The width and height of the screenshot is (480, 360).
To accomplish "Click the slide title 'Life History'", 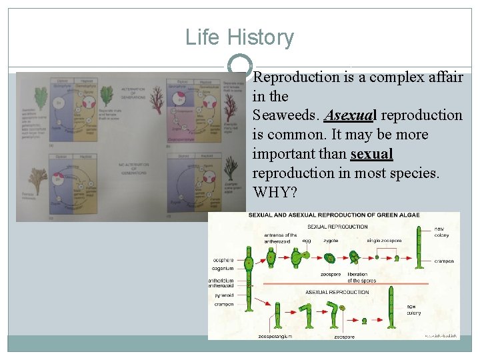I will tap(239, 37).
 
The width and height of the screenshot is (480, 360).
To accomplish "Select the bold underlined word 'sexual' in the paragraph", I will tap(371, 154).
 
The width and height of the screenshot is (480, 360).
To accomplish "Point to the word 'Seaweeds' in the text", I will tap(284, 115).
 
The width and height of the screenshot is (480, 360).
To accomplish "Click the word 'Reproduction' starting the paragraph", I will tap(297, 77).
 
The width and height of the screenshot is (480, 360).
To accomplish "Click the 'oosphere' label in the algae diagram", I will tap(223, 260).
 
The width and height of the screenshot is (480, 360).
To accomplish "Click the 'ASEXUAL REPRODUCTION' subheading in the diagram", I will tap(337, 292).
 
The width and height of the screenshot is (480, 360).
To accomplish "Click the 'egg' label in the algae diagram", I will tap(306, 240).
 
